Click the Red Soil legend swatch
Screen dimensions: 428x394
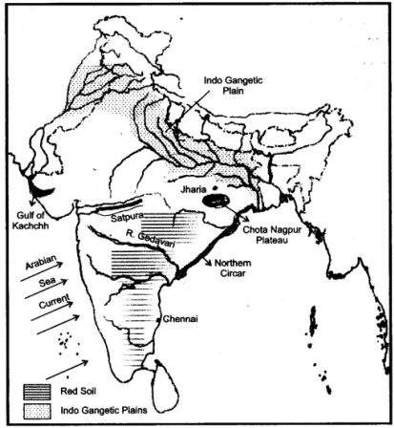[39, 391]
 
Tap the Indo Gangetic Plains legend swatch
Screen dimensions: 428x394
[39, 409]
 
